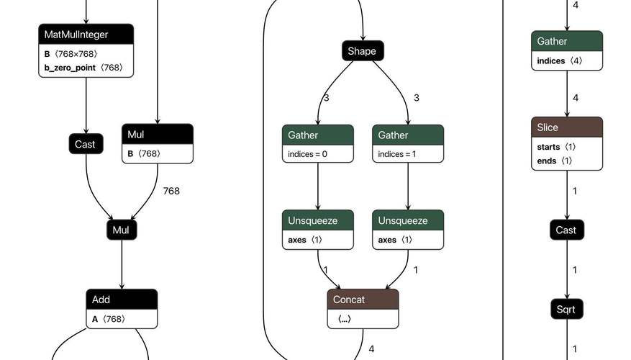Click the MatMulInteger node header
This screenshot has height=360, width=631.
(x=86, y=35)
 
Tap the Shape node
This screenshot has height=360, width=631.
(x=363, y=50)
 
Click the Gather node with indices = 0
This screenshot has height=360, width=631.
(x=318, y=144)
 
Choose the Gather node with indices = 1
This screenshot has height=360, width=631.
(x=408, y=144)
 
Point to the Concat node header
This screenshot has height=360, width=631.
(x=363, y=300)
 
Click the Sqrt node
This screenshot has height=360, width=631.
(x=567, y=310)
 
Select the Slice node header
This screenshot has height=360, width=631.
(x=567, y=127)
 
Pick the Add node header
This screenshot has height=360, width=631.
(x=122, y=300)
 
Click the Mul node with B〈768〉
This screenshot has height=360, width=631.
(x=158, y=144)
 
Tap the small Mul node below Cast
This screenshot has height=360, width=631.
(x=122, y=230)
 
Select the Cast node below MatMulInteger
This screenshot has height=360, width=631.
(x=86, y=144)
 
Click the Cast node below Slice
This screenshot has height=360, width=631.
(x=567, y=230)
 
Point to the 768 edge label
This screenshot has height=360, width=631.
(x=171, y=191)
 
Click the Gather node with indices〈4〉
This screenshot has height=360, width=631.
(x=567, y=50)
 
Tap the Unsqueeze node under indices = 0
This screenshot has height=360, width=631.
(x=318, y=230)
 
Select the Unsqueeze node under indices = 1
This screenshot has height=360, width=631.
(x=408, y=230)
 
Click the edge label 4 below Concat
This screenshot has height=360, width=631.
(x=371, y=348)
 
